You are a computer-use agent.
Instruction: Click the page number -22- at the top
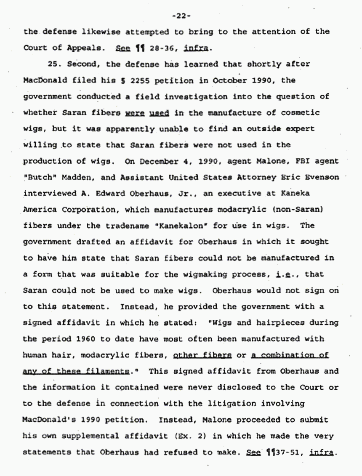181,16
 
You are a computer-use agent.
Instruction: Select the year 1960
100,338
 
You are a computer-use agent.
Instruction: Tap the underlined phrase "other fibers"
202,355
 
